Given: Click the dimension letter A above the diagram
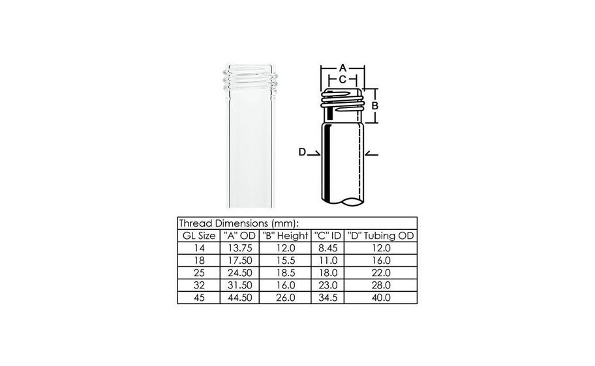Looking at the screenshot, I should point(343,67).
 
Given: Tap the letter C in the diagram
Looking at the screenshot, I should point(343,79).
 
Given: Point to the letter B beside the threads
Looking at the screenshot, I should point(375,105).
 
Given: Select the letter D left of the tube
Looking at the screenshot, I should point(302,152).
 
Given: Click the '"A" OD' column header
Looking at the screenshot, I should point(238,235).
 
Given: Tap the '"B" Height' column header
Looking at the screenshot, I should point(284,235).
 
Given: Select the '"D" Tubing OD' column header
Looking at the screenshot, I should point(380,235).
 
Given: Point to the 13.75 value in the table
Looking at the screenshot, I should point(238,248).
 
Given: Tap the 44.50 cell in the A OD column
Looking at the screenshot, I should point(238,298).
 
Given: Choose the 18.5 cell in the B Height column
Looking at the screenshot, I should point(284,273).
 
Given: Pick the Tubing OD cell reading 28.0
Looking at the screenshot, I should point(380,285).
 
